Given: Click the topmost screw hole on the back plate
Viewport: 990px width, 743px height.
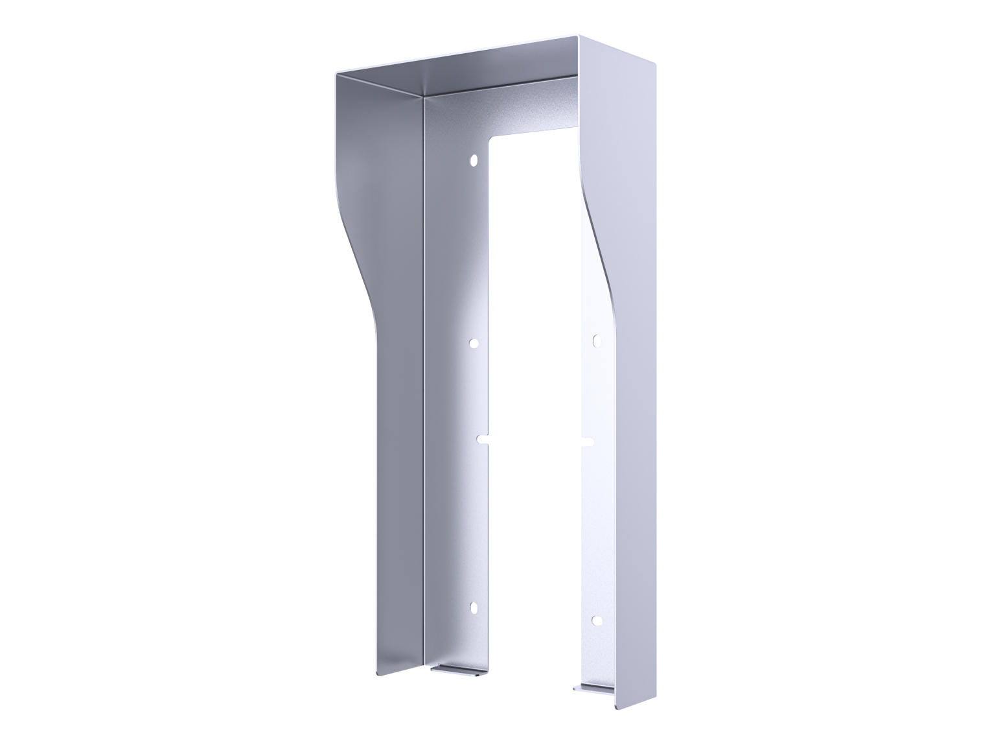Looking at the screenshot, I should click(x=474, y=159).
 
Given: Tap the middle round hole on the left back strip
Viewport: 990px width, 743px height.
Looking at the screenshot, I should click(x=474, y=344).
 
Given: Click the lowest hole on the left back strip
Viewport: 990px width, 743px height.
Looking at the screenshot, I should click(x=474, y=607).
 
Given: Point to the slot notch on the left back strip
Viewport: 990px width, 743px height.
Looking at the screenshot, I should click(x=483, y=439).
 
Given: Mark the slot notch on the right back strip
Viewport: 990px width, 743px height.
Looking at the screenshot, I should click(x=587, y=442).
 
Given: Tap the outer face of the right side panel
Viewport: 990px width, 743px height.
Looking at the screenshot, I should click(x=638, y=389).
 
